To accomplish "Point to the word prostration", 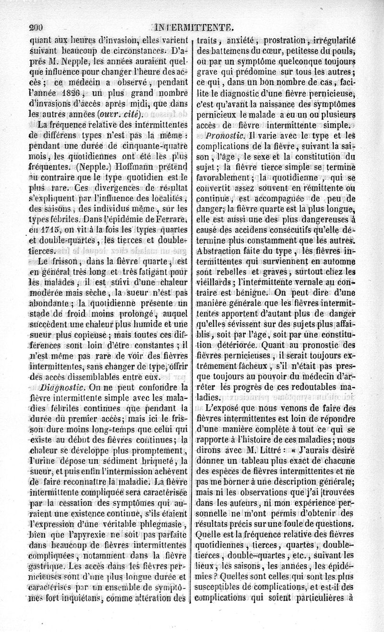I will pos(278,40).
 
